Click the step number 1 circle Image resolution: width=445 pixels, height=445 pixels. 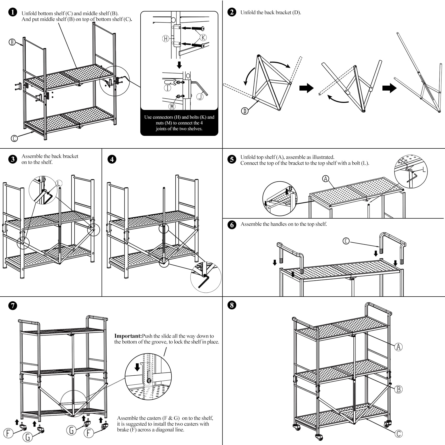pos(13,12)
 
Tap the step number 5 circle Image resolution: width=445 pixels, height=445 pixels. pos(232,159)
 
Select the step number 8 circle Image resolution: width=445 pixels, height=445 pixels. pos(232,305)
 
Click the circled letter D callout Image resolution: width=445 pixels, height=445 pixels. pos(244,111)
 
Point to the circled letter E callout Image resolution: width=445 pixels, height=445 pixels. pos(346,241)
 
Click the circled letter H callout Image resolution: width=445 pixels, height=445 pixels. pos(165,39)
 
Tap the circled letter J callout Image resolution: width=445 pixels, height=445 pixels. pos(200,97)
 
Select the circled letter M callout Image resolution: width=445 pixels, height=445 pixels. pos(172,106)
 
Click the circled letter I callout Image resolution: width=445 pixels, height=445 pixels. pos(168,88)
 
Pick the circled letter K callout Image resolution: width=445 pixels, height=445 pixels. pos(203,38)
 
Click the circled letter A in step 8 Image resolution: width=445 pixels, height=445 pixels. pos(398,347)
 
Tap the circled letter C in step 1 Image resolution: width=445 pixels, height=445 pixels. pos(14,138)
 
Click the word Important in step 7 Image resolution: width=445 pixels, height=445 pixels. pos(128,336)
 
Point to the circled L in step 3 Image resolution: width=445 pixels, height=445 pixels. pos(59,183)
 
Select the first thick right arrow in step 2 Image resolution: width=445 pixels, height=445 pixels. pos(306,88)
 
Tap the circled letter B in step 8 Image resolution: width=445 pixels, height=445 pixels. pos(398,390)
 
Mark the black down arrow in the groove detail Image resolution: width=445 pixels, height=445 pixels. pos(137,368)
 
